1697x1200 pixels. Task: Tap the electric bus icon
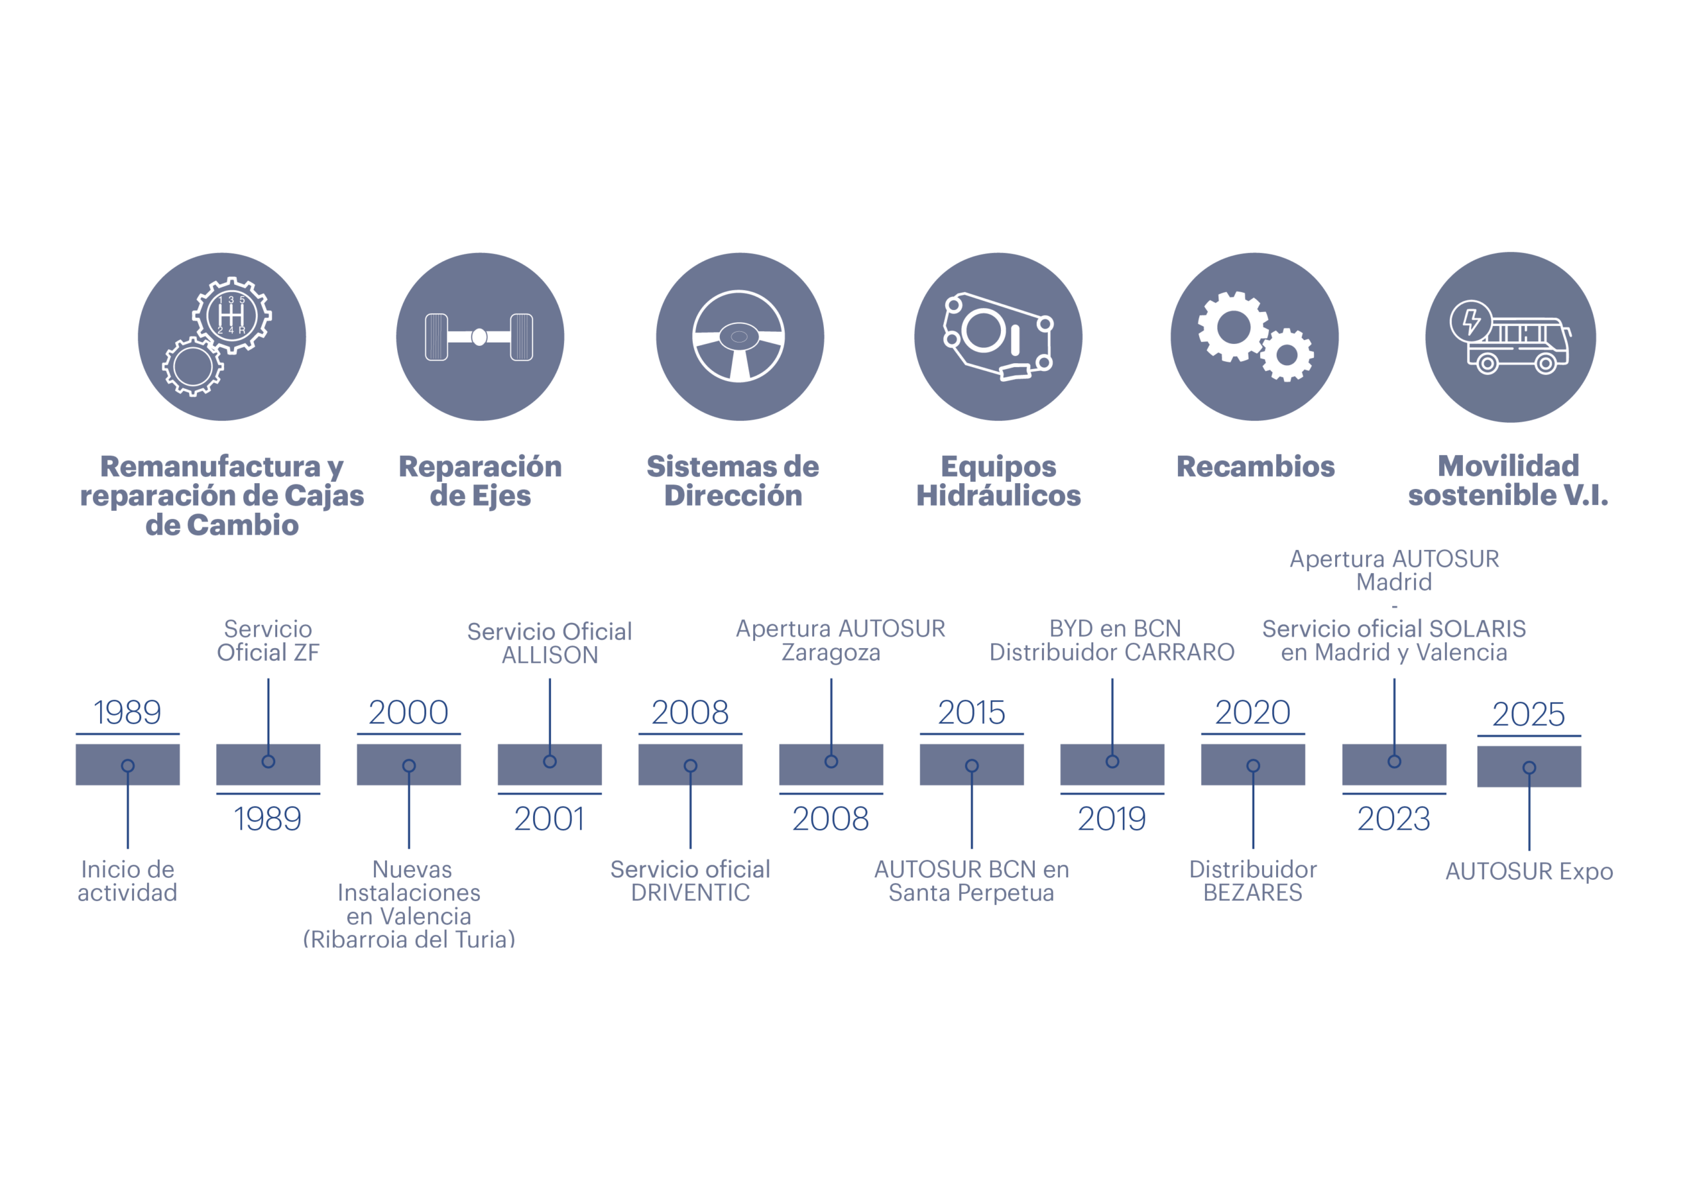click(1510, 337)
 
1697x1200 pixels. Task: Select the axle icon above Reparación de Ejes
click(479, 337)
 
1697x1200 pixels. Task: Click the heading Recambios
click(1255, 466)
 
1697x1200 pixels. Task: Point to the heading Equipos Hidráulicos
click(998, 481)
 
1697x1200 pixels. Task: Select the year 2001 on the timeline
click(549, 819)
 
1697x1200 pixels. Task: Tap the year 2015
click(971, 712)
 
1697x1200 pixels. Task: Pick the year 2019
click(1112, 819)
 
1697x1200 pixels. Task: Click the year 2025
click(1529, 714)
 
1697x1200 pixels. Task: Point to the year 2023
click(1393, 819)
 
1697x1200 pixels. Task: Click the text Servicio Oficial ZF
click(268, 641)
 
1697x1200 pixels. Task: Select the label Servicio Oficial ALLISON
click(549, 643)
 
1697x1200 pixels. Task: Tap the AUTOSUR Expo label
click(1529, 871)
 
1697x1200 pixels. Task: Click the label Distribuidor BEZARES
click(1253, 881)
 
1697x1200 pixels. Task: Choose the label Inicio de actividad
click(127, 881)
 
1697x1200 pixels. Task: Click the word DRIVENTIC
click(690, 893)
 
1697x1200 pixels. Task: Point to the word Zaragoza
click(831, 653)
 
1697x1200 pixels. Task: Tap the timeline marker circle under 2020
click(1253, 765)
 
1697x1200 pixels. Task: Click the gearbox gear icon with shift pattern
click(232, 315)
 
